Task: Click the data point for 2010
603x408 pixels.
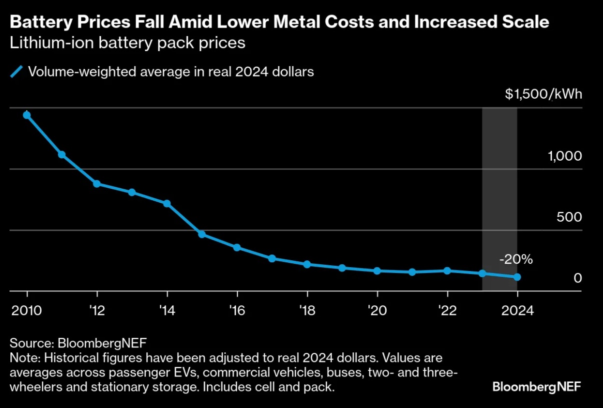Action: [27, 115]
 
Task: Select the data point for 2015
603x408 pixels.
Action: [202, 234]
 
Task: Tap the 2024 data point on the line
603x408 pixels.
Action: [517, 277]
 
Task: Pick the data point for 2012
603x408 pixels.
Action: [97, 184]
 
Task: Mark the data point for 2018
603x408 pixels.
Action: [307, 264]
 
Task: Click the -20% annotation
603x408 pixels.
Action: [516, 260]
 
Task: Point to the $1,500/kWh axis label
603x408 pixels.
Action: [543, 95]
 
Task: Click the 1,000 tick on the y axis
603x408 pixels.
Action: [565, 156]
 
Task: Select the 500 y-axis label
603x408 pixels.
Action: [569, 217]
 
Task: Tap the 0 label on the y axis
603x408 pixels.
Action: [577, 278]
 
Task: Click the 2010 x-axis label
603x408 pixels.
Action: [27, 310]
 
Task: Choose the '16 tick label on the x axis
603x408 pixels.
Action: [237, 310]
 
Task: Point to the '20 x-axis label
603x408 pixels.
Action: [377, 310]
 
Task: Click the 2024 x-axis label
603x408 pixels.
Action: [517, 310]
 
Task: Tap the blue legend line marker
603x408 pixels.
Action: [17, 72]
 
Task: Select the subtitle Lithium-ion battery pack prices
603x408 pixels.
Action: [127, 43]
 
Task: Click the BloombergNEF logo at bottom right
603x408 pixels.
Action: [537, 387]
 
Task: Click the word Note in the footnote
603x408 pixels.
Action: [25, 358]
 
